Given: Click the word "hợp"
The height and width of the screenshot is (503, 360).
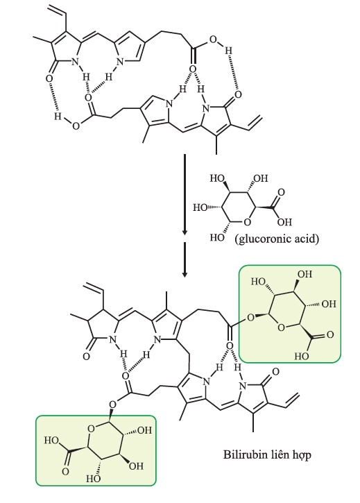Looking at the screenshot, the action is tap(302, 455).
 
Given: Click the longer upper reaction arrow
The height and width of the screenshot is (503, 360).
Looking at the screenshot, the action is tap(185, 194).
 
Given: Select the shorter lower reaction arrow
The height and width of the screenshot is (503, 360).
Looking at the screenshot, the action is tap(185, 259).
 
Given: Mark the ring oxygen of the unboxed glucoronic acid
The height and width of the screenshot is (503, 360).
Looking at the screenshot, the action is tap(247, 221).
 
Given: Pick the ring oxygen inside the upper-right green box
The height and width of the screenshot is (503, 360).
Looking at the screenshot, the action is tap(281, 327).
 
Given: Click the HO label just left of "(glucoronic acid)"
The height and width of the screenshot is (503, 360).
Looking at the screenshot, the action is tap(217, 237).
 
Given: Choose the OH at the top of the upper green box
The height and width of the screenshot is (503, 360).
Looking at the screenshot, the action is tap(305, 274).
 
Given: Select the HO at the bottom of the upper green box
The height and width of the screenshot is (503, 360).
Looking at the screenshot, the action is tap(302, 356).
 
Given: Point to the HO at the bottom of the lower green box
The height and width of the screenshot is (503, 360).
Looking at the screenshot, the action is tap(94, 479).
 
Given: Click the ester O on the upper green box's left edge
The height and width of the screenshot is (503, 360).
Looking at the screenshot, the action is tap(250, 318).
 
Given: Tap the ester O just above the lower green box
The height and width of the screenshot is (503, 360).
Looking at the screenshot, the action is tap(112, 404).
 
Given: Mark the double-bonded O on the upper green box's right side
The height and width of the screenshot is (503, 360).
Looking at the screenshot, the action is tap(330, 335).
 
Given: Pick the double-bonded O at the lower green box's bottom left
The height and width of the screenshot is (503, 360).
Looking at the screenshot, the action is tap(65, 471).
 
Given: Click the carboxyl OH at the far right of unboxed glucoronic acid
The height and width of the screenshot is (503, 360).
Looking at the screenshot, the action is tap(284, 221).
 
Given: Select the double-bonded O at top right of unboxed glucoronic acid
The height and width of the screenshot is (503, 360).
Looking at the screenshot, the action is tap(281, 192).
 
